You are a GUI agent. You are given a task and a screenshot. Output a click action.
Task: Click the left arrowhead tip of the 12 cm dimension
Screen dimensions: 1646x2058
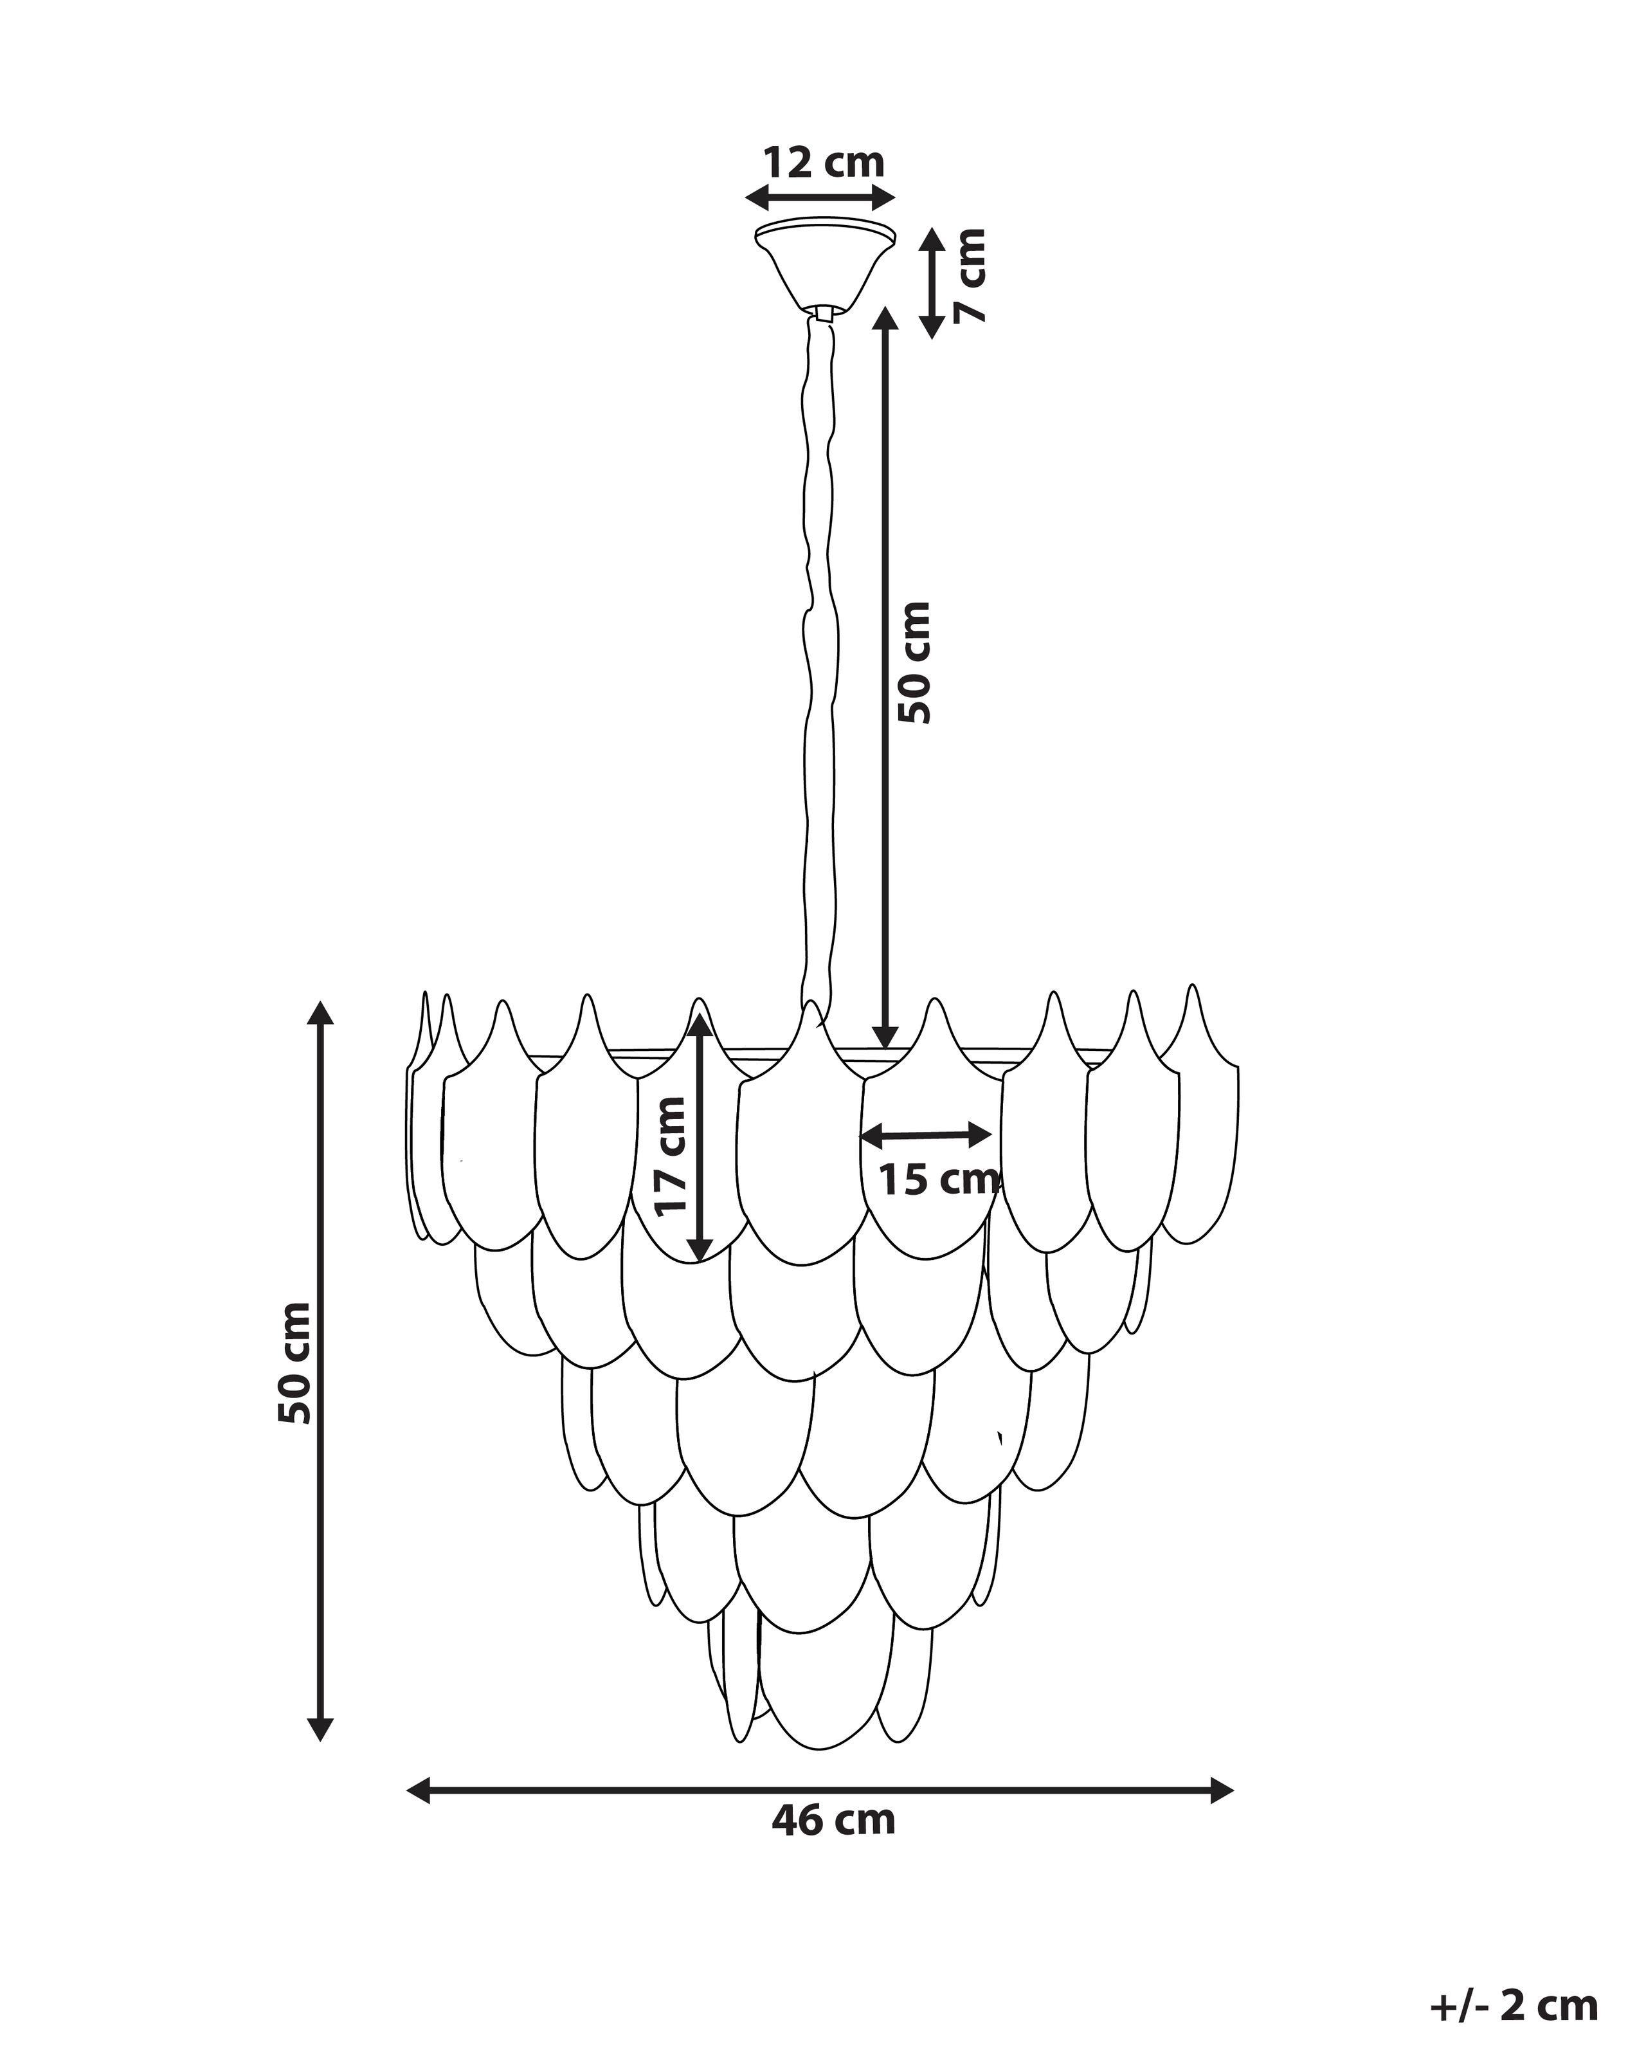745,199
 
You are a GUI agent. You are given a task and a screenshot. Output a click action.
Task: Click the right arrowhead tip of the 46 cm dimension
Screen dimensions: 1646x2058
1234,1790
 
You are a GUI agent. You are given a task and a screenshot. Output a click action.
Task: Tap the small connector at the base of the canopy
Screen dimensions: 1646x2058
824,312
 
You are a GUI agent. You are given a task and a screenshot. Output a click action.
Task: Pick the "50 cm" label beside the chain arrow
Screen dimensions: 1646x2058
913,662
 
